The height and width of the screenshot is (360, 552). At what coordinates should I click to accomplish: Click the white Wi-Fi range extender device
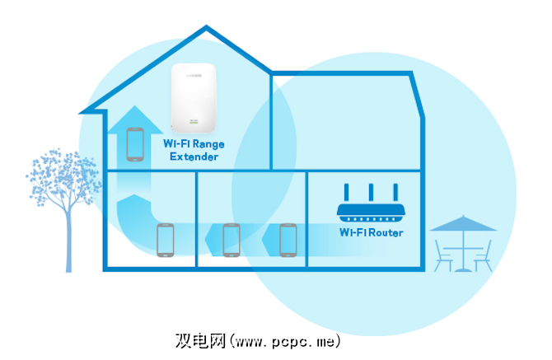[193, 98]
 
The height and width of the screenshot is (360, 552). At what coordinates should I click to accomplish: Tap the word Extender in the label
[194, 157]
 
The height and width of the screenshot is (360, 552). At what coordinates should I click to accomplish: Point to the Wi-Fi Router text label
[372, 232]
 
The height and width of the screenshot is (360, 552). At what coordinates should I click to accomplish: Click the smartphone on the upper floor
[135, 144]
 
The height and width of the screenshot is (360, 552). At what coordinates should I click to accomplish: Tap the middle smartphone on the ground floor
[231, 239]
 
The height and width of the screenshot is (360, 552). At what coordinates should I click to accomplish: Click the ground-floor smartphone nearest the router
[288, 239]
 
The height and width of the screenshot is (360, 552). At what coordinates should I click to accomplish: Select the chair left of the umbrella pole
[443, 255]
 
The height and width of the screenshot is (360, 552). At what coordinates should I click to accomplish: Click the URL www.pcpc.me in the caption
[285, 339]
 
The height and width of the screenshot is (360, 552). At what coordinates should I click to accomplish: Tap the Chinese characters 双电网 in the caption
[201, 339]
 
